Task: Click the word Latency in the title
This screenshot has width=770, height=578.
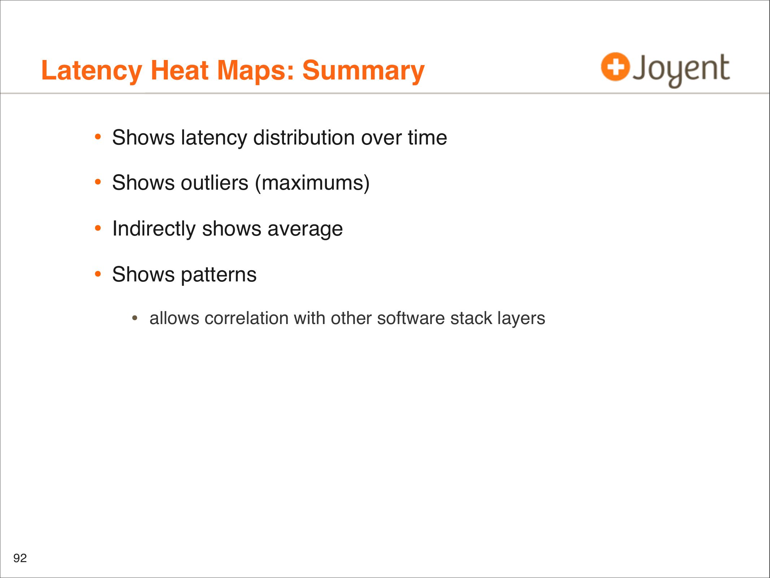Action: (x=92, y=71)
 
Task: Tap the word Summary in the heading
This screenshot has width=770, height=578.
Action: (x=363, y=71)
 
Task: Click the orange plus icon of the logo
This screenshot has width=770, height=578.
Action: (x=615, y=66)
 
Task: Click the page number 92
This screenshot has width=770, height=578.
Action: (x=20, y=558)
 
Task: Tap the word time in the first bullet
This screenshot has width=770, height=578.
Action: (x=428, y=138)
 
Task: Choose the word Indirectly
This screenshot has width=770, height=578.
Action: (x=154, y=229)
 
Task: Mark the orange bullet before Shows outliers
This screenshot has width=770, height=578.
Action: (x=98, y=182)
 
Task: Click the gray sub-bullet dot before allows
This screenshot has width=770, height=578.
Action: (x=135, y=318)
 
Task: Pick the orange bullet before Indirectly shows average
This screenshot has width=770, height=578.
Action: (x=98, y=228)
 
